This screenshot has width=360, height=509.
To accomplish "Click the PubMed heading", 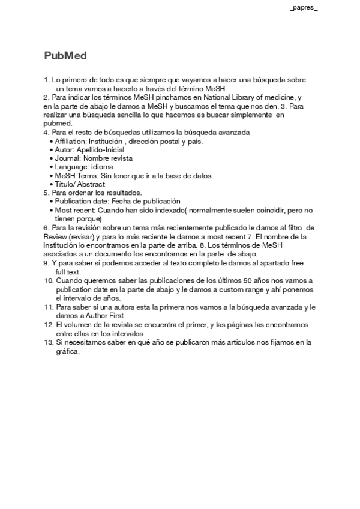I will [x=65, y=56].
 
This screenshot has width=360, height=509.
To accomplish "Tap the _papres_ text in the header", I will [x=304, y=8].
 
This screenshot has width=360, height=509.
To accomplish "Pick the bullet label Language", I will [x=70, y=167].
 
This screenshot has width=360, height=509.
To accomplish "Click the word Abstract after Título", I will [x=91, y=184].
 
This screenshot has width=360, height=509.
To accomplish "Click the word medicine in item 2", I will [x=281, y=97].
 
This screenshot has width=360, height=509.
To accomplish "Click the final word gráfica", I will [x=67, y=351].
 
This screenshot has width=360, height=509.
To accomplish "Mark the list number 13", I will [x=48, y=342].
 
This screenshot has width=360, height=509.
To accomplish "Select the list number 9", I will [x=46, y=263].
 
